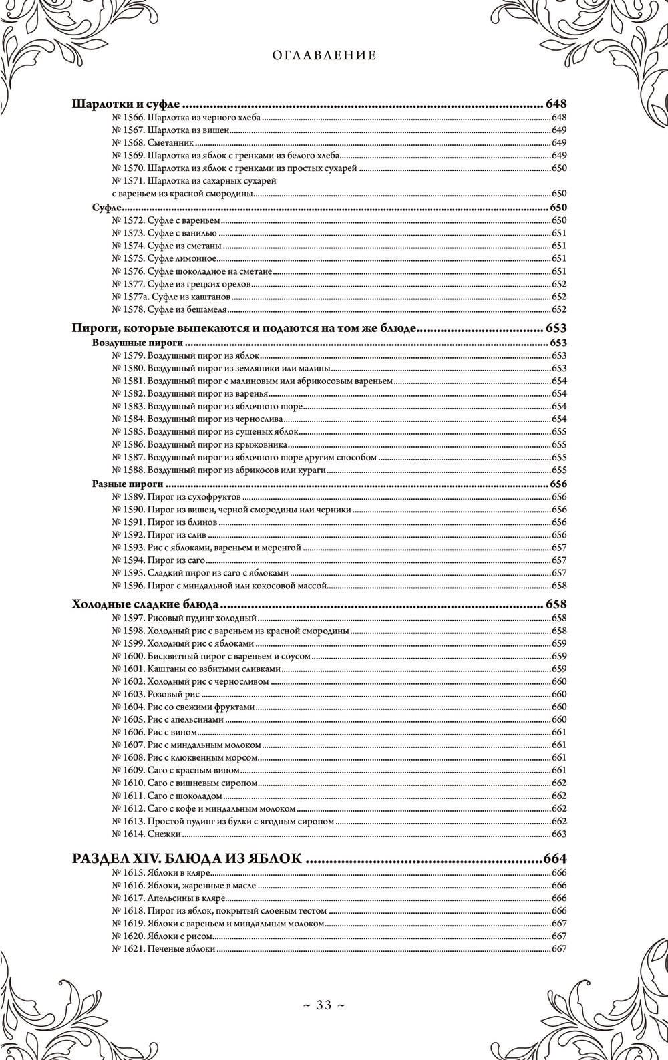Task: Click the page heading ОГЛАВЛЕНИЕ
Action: (x=324, y=56)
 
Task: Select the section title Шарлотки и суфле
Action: (x=127, y=104)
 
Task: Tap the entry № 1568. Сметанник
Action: (x=153, y=143)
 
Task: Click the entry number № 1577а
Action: (x=129, y=297)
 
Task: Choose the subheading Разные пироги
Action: (x=127, y=484)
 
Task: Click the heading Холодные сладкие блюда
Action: (x=144, y=605)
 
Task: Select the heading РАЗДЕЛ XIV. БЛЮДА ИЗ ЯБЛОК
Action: (x=186, y=859)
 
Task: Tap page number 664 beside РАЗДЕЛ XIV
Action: (x=556, y=859)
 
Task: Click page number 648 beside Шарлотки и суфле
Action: (x=556, y=104)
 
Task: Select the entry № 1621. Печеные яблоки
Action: (x=164, y=949)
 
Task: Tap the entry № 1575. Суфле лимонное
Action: (x=164, y=258)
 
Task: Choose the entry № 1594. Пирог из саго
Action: (x=158, y=560)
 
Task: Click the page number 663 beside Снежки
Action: (x=559, y=834)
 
